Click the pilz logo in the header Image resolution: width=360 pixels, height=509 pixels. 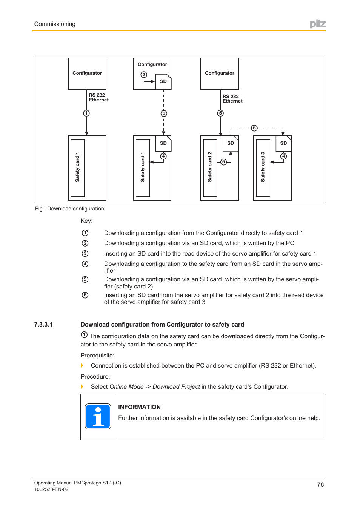click(317, 24)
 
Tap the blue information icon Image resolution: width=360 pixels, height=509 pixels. click(98, 416)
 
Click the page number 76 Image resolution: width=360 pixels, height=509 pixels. click(320, 484)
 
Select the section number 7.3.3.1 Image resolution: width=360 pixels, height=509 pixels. click(43, 324)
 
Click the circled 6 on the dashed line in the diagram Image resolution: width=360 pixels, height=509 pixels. click(254, 128)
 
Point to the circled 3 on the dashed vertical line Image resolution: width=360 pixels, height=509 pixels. click(164, 113)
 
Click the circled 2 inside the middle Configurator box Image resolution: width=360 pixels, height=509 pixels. click(144, 75)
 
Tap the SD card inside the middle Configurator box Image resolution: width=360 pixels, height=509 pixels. click(163, 81)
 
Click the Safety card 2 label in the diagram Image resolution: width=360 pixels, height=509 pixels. click(210, 167)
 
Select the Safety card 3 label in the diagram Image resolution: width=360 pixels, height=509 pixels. click(263, 167)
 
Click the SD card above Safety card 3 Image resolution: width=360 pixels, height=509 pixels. click(283, 143)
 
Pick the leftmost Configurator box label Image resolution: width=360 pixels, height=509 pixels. click(87, 73)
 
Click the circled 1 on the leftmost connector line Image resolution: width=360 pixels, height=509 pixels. click(86, 113)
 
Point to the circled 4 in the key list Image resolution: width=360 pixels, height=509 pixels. click(85, 264)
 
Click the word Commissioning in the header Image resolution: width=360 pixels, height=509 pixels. click(55, 24)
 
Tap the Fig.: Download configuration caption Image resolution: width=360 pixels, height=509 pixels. click(69, 209)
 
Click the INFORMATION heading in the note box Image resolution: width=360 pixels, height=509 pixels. click(139, 407)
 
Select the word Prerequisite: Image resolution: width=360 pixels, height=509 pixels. click(97, 355)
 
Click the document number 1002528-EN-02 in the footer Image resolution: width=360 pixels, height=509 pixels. click(51, 489)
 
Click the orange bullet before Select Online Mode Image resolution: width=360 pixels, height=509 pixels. click(82, 386)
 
